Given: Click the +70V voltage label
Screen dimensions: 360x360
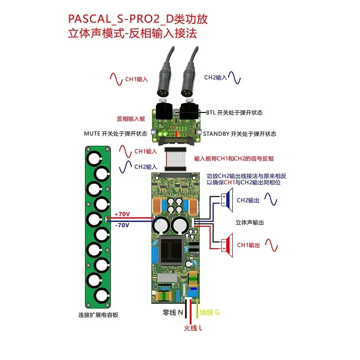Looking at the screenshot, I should [x=122, y=214].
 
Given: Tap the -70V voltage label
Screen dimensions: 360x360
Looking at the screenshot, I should [x=122, y=225].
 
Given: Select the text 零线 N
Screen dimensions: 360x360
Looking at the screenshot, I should [x=174, y=312].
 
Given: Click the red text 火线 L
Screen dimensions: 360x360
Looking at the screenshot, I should [x=193, y=328].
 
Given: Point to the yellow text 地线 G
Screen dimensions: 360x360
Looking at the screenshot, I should [x=210, y=312].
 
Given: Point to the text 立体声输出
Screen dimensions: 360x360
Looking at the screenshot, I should [x=249, y=222].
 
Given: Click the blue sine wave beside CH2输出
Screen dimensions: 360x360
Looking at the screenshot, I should [x=271, y=199].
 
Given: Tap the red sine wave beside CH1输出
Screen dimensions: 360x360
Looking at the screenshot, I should [x=271, y=245].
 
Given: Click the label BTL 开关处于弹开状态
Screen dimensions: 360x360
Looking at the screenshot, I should [x=234, y=112].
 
